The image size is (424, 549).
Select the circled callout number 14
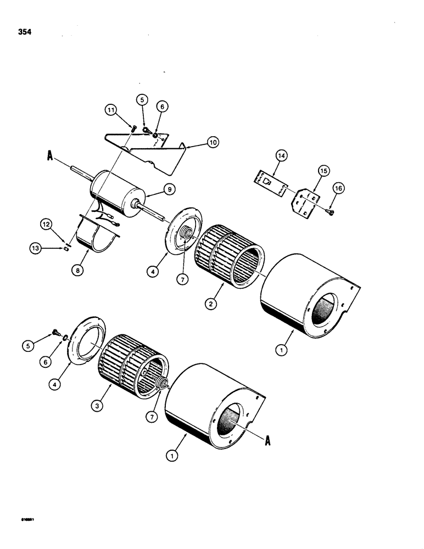pyautogui.click(x=281, y=156)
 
